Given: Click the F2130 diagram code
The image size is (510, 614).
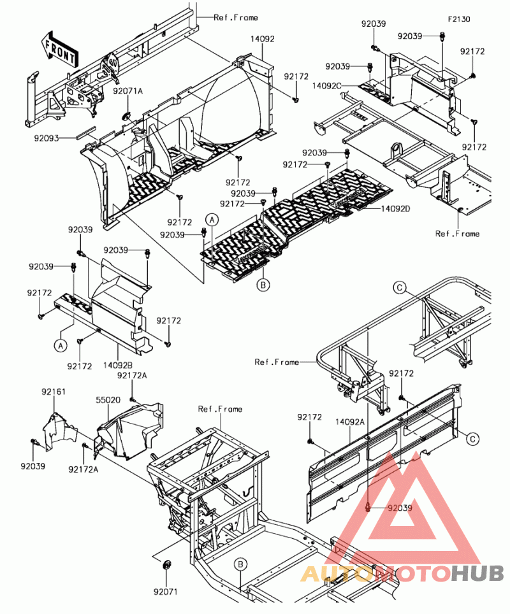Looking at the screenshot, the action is [x=459, y=19].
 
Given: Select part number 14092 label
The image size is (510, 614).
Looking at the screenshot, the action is [x=262, y=39].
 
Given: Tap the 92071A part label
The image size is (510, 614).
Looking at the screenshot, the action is [x=127, y=91].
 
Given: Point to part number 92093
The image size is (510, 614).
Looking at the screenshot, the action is [x=47, y=138].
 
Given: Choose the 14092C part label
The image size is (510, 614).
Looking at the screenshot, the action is [x=327, y=86].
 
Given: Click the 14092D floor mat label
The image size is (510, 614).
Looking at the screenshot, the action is [x=395, y=209].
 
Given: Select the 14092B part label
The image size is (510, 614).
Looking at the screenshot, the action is [x=117, y=366].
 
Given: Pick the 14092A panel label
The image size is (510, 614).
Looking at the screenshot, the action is [x=350, y=422].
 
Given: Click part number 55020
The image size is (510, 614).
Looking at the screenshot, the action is [x=108, y=400].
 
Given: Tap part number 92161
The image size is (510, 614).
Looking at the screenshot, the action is [x=54, y=392].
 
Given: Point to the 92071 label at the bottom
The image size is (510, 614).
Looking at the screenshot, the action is [x=166, y=592].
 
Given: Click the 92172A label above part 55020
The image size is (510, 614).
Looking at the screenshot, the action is [x=132, y=376].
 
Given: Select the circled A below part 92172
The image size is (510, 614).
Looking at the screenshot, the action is [x=61, y=346].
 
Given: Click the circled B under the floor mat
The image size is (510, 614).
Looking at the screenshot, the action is [x=263, y=285].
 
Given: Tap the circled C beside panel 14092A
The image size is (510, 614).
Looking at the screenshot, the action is [x=473, y=439].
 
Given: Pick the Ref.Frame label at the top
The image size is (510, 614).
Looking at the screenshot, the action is [x=236, y=18].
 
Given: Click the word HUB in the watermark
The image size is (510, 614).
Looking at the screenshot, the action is [x=477, y=574].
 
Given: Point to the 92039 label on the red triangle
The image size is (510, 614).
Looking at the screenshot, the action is [x=400, y=508].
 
